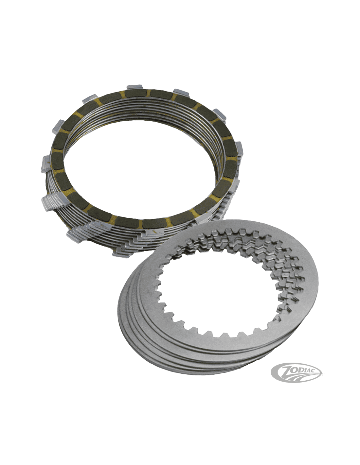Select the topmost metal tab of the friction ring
pyautogui.click(x=135, y=88)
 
